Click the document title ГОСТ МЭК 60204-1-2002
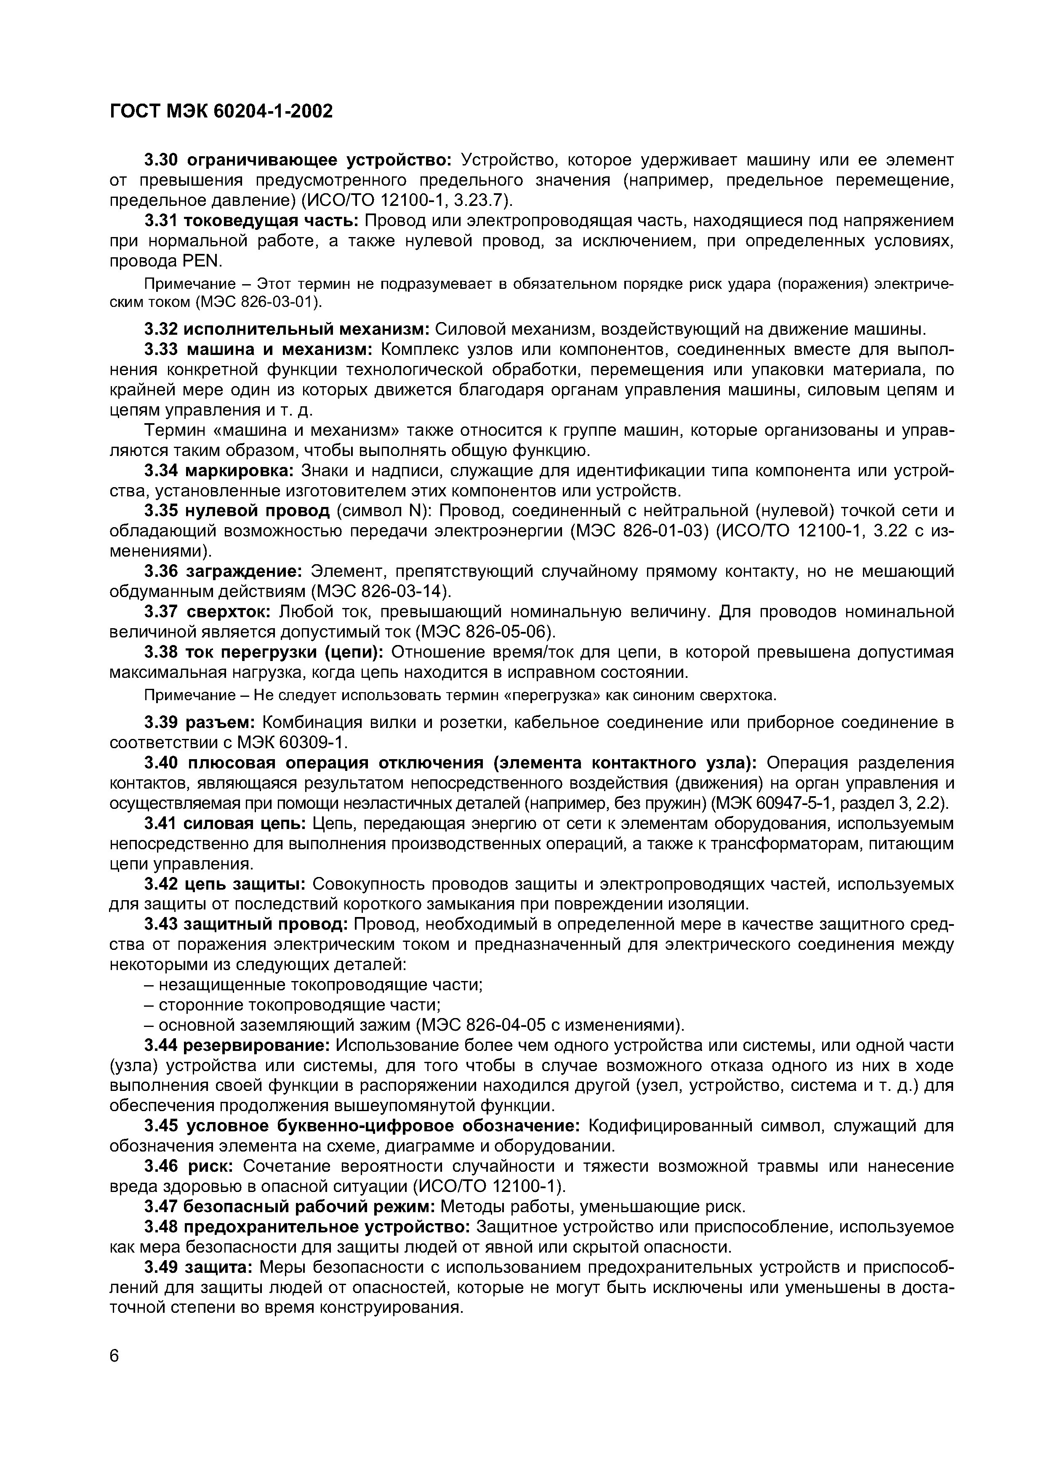[x=221, y=112]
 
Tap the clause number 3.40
[x=162, y=762]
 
